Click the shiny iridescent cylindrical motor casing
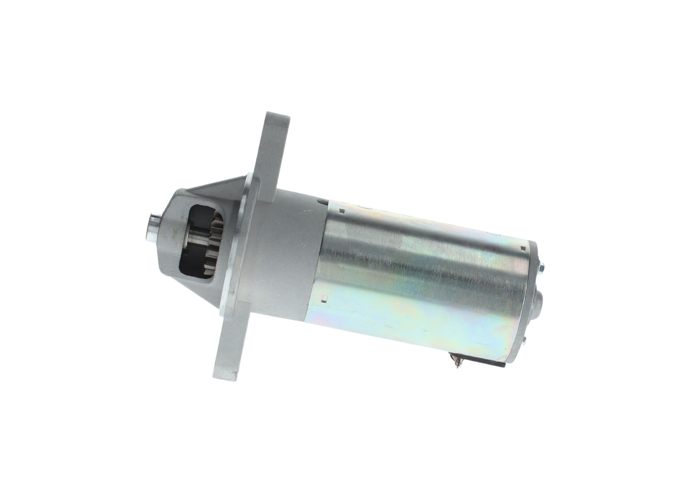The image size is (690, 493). (415, 280)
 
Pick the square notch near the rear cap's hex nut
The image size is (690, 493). (522, 249)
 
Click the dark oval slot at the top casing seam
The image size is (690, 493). (322, 203)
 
